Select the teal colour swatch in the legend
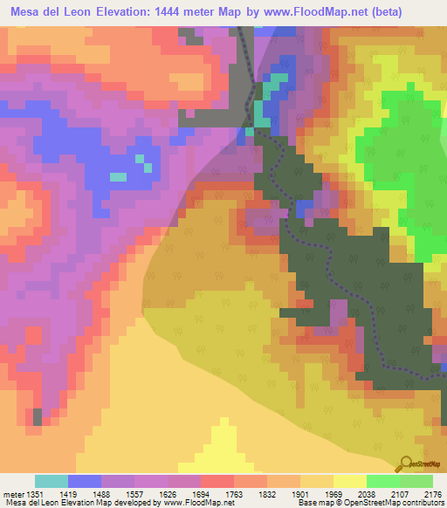coord(52,481)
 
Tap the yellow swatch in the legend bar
coord(350,481)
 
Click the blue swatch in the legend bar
coord(85,481)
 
